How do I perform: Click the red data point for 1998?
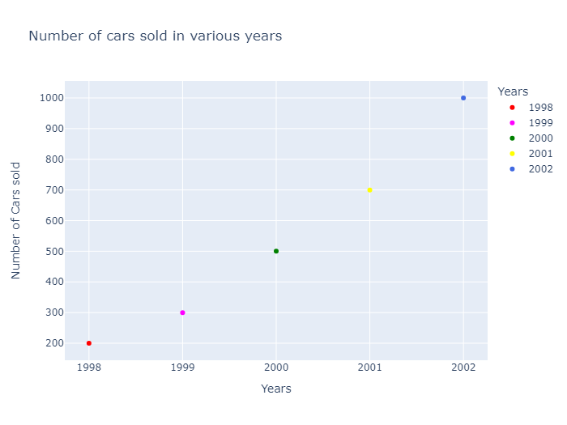coord(89,343)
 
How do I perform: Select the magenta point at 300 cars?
coord(182,312)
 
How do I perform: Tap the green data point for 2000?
coord(276,251)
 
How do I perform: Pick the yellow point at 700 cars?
coord(369,190)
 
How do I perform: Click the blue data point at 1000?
coord(463,98)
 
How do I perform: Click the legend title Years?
coord(514,91)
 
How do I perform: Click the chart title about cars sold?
coord(156,36)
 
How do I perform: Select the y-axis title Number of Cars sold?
coord(16,221)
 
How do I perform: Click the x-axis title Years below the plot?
coord(276,389)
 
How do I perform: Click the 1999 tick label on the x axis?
coord(182,367)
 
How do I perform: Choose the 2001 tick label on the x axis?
coord(369,367)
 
